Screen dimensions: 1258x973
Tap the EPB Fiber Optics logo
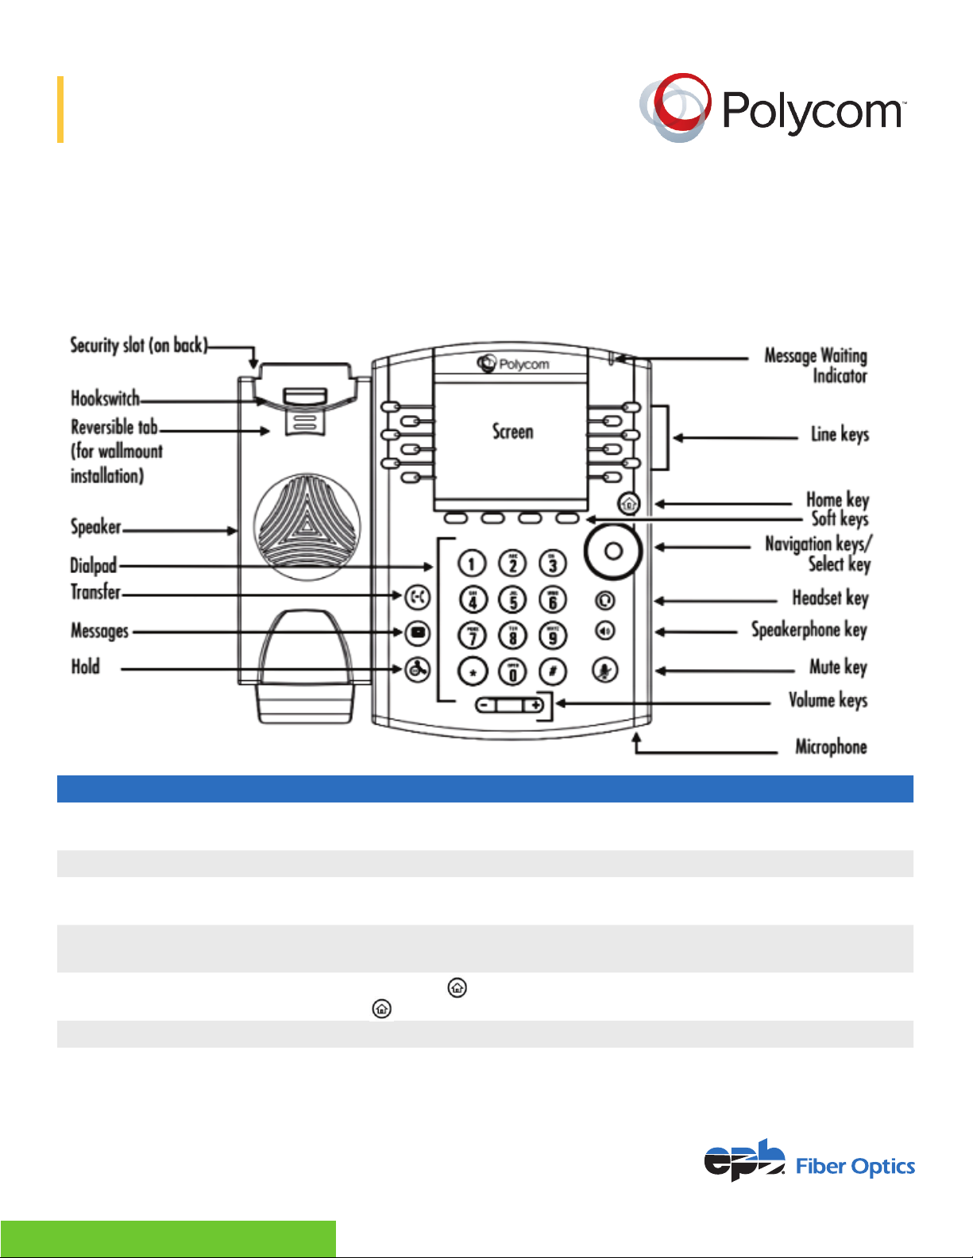point(809,1161)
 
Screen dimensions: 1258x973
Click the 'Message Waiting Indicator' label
point(816,365)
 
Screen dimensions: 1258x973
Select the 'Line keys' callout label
point(840,434)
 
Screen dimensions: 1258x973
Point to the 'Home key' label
point(837,499)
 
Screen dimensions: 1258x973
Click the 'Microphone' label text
point(831,747)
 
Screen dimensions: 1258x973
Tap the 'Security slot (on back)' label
point(139,345)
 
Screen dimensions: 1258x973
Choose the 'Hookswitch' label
point(105,398)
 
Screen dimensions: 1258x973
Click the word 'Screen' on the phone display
point(512,432)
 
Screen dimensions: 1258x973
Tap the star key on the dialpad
point(473,672)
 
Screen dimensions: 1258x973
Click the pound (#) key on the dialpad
point(553,671)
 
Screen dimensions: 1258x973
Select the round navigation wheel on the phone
point(612,551)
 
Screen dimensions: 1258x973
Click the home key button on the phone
point(628,503)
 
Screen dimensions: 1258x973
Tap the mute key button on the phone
point(605,671)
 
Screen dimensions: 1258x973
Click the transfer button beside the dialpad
point(417,596)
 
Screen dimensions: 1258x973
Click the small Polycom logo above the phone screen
point(513,364)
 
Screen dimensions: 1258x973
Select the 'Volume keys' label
point(828,700)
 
